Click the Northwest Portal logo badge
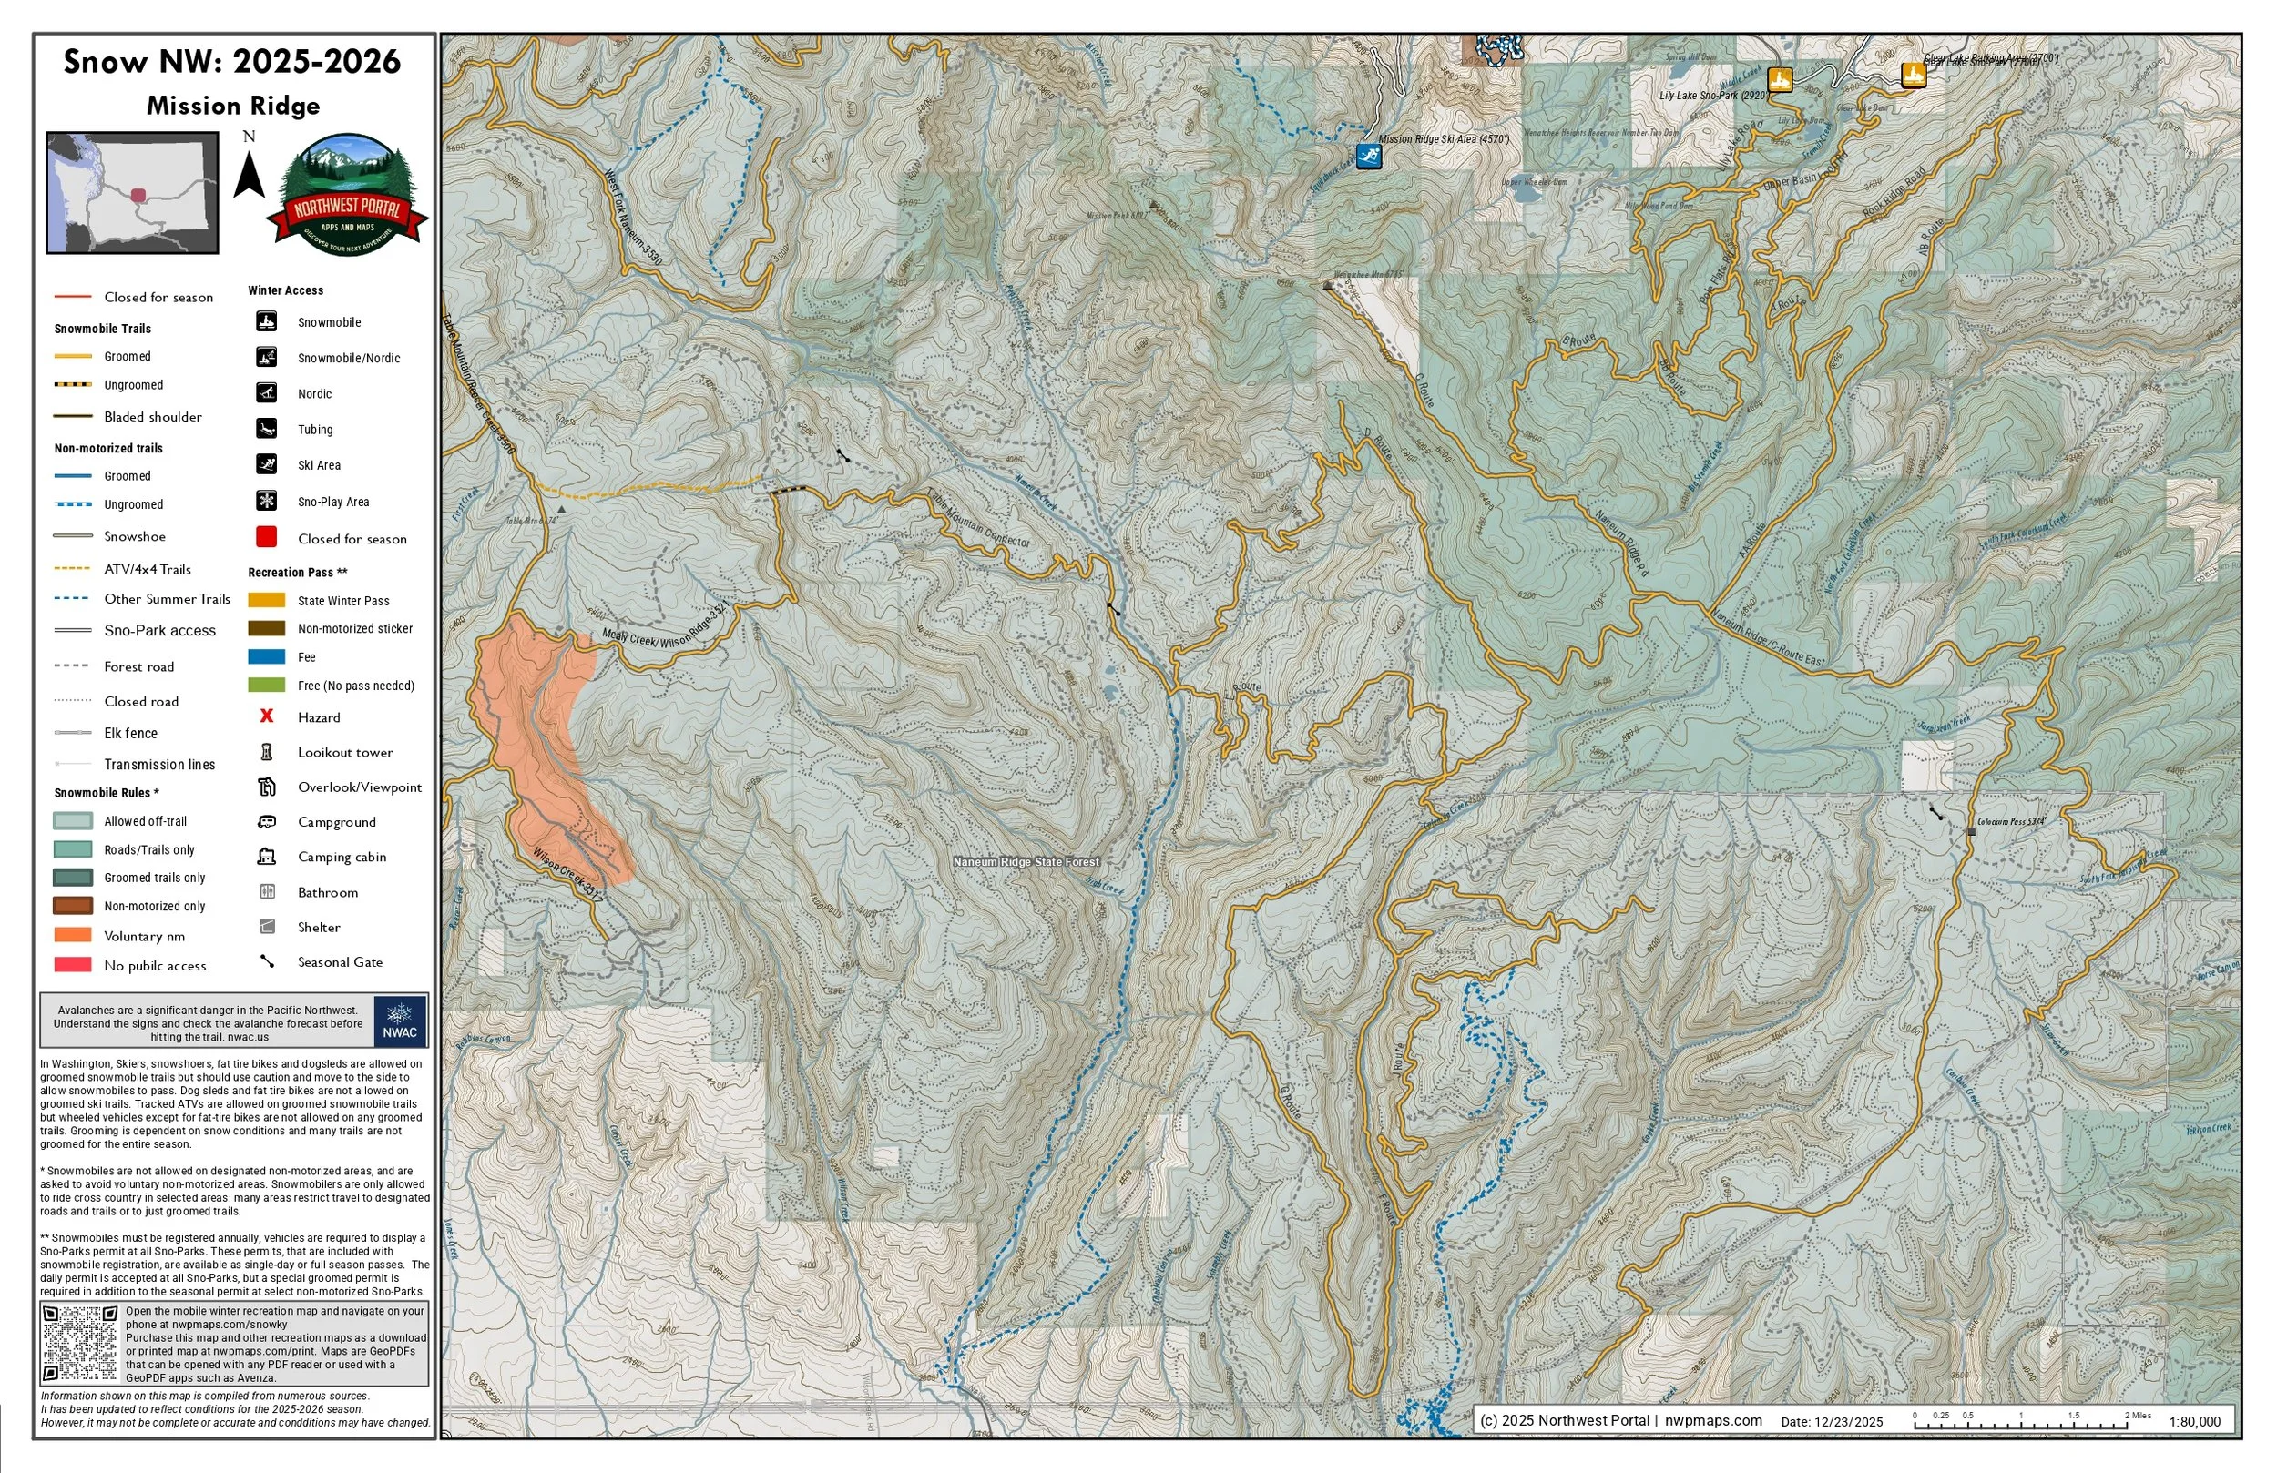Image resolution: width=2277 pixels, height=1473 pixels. tap(348, 195)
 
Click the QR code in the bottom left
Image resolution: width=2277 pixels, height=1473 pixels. tap(80, 1343)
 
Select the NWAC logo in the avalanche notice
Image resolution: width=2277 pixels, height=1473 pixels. tap(400, 1021)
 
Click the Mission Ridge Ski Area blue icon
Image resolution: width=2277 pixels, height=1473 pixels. tap(1369, 156)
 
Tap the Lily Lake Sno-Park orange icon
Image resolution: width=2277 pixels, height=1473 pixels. tap(1780, 79)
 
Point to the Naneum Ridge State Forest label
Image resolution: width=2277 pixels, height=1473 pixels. tap(1026, 862)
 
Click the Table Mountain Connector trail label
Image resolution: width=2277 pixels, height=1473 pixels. tap(980, 521)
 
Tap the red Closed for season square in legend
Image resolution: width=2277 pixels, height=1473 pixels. tap(267, 536)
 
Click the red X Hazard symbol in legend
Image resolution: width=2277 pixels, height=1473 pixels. tap(267, 716)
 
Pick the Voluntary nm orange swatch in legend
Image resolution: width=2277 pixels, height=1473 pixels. tap(73, 934)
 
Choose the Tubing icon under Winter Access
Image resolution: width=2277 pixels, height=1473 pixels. tap(267, 428)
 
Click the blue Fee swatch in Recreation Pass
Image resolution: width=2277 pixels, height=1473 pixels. tap(267, 656)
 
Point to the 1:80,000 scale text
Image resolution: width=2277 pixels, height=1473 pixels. tap(2194, 1421)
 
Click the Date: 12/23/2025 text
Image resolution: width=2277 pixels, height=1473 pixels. tap(1832, 1421)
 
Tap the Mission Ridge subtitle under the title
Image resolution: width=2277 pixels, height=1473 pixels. tap(232, 106)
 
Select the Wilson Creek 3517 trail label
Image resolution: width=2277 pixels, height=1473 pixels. tap(567, 875)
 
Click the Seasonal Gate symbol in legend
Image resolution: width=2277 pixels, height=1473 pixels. tap(267, 961)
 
